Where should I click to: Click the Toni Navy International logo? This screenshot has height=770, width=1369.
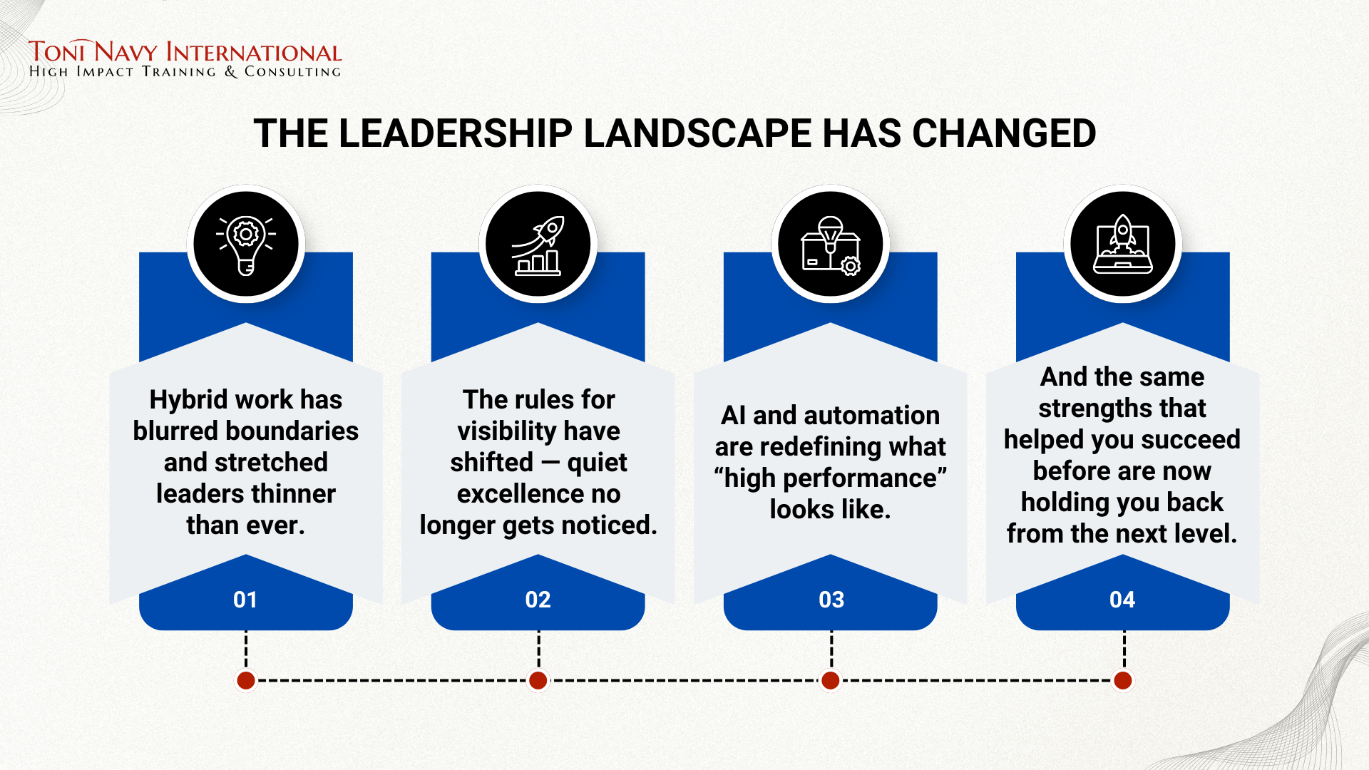pos(185,58)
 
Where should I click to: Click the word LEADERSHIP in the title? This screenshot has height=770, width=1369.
pos(455,134)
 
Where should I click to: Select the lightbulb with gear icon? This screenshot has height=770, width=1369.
pos(246,244)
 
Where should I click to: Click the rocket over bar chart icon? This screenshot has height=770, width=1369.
pos(538,244)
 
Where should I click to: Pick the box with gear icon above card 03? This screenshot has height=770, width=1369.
pos(831,244)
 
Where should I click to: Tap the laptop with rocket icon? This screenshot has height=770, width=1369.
pos(1123,244)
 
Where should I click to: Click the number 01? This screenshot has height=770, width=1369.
pos(245,600)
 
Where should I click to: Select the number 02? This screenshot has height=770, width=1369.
pos(538,600)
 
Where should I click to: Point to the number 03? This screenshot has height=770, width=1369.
pos(831,600)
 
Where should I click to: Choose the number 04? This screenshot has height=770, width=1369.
pos(1122,600)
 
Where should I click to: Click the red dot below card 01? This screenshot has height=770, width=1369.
pos(246,680)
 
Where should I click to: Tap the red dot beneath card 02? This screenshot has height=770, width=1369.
pos(538,680)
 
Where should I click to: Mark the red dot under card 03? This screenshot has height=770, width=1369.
pos(831,680)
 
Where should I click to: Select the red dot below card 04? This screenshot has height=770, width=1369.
pos(1123,680)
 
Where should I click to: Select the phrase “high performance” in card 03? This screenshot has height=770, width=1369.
pos(831,478)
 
